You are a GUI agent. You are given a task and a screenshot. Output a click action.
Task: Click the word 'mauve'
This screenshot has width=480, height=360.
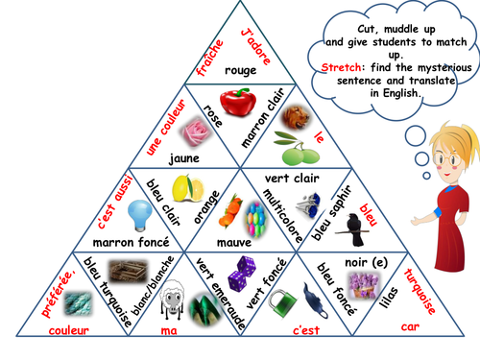234,242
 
